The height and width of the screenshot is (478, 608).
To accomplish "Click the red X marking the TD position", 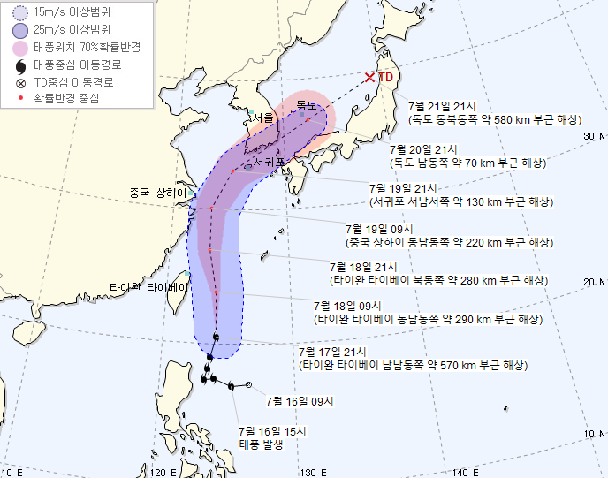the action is tap(369, 78).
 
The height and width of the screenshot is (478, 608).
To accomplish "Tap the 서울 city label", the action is tap(262, 118).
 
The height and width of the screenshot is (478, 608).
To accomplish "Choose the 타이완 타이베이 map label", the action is tap(148, 288).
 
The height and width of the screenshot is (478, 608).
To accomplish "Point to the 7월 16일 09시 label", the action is tap(300, 401).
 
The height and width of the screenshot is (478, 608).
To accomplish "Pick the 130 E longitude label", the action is tap(308, 471).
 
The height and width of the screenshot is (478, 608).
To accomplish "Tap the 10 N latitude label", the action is tap(595, 433).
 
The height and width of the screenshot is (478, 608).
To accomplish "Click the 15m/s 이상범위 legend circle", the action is tap(17, 12).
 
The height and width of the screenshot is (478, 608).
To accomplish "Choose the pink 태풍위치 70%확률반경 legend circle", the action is tap(17, 47).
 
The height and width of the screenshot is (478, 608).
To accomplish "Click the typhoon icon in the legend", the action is tap(17, 64).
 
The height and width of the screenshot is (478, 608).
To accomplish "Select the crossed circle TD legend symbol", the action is tap(17, 82).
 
